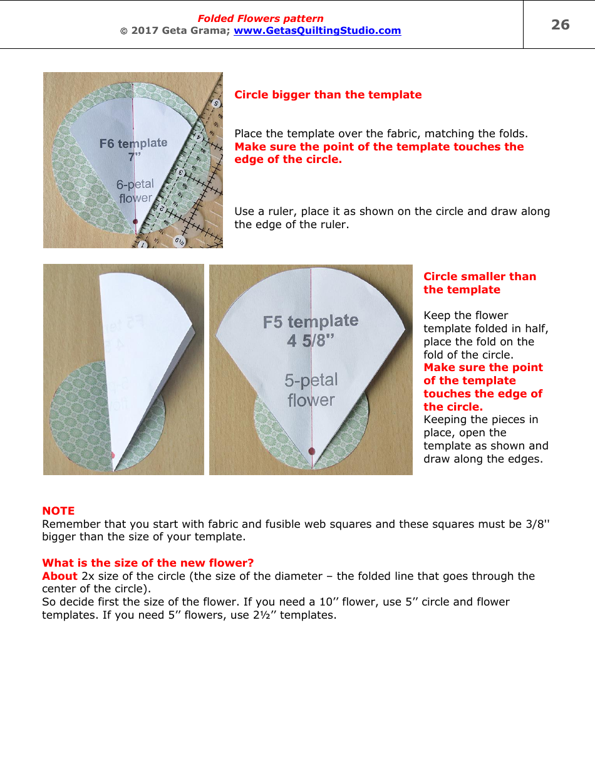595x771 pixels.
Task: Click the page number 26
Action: coord(560,24)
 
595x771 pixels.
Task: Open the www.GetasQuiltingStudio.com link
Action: coord(317,30)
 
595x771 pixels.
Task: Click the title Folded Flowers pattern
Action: coord(261,19)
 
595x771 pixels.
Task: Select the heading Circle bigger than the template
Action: coord(328,95)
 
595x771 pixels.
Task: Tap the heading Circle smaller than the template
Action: coord(480,283)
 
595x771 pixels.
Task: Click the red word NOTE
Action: coord(58,511)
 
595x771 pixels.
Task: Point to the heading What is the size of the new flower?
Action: coord(148,563)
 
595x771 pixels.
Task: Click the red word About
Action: coord(59,576)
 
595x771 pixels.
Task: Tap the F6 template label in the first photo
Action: coord(133,144)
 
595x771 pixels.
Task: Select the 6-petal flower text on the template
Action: coord(135,191)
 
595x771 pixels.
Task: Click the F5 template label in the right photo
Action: coord(311,322)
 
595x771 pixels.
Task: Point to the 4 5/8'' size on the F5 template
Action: coord(311,341)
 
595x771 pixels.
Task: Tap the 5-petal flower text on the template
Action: coord(311,390)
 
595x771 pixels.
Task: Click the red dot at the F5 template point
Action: coord(312,451)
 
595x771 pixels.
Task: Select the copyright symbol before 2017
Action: coord(123,31)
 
